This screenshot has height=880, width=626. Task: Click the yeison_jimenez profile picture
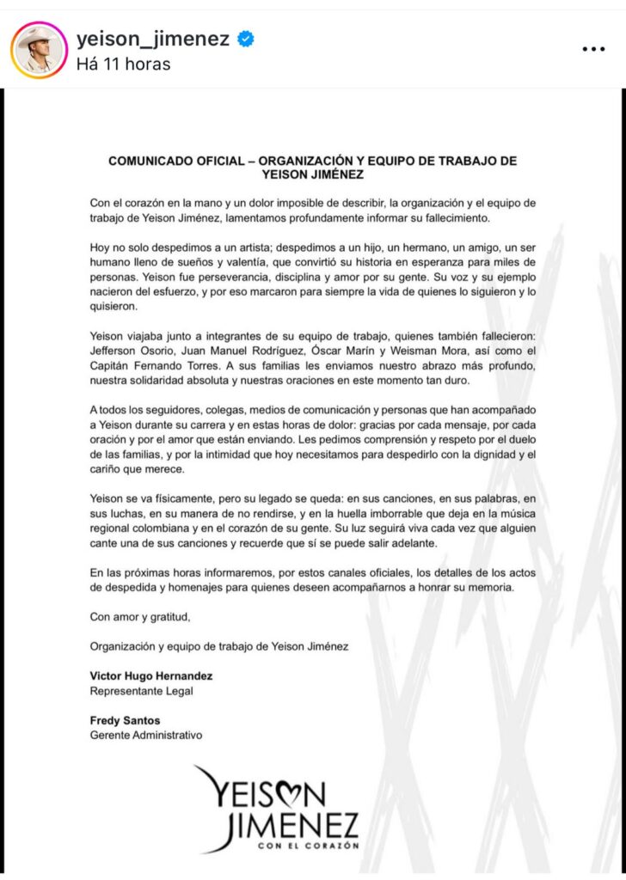click(x=39, y=49)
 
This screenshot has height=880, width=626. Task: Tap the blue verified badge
click(x=246, y=39)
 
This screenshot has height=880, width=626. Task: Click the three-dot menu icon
click(x=593, y=49)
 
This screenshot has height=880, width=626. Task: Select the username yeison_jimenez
click(x=153, y=39)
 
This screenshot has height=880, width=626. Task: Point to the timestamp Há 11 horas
click(x=123, y=64)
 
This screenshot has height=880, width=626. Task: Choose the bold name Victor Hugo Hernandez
click(x=151, y=675)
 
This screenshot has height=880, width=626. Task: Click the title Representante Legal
click(x=142, y=690)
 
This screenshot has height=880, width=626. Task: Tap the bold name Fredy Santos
click(x=126, y=720)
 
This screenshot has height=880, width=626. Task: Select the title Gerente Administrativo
click(x=146, y=735)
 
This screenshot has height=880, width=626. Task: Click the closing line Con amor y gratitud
click(x=140, y=616)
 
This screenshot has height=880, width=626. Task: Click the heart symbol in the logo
click(x=289, y=790)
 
